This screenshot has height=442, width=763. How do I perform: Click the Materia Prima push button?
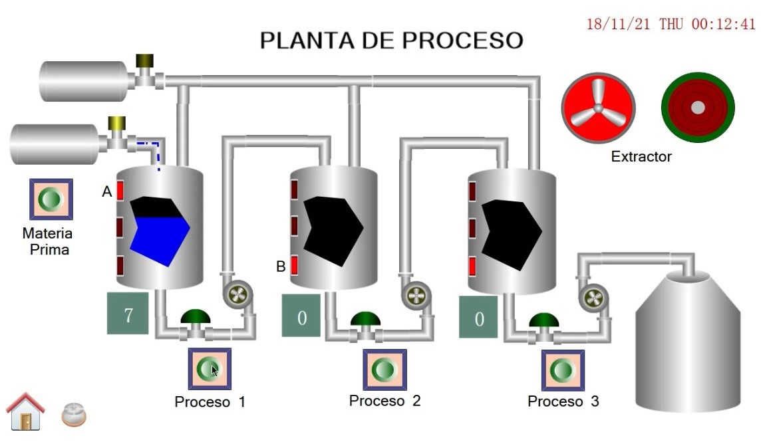coord(51,199)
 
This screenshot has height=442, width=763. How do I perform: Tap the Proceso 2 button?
coord(384,370)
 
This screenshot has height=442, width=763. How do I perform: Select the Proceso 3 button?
coord(563,370)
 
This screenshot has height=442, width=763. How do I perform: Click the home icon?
coord(25,411)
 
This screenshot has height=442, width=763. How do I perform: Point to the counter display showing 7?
coord(128,313)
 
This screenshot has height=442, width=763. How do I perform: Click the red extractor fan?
coord(598,108)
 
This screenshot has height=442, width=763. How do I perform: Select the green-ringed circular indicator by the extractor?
coord(697,107)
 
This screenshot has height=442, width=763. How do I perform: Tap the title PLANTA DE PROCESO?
coord(391,41)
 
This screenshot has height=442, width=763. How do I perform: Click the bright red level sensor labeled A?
coord(120,191)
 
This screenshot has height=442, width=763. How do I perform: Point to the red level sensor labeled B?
coord(295,266)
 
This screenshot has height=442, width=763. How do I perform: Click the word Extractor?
coord(641,157)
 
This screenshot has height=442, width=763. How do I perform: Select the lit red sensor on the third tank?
coord(472,266)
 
